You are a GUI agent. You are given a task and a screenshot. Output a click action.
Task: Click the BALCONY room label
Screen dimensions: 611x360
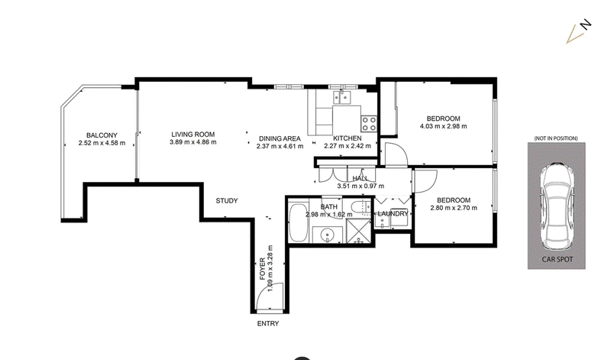point(102,135)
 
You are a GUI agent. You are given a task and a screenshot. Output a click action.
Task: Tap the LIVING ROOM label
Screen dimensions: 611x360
point(193,135)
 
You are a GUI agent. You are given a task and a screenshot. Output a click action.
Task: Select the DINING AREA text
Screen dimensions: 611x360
point(280,138)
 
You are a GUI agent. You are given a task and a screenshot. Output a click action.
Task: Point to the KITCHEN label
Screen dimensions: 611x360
point(348,138)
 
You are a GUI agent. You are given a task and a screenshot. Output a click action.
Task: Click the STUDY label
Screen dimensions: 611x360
point(227,200)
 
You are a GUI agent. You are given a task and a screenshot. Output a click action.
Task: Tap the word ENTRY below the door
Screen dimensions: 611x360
point(268,323)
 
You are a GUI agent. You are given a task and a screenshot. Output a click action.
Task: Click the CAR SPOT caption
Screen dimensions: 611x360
point(558,259)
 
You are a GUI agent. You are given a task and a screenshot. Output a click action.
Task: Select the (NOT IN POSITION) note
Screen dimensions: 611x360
point(556,138)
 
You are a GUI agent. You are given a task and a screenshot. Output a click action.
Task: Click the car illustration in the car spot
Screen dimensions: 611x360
point(557,206)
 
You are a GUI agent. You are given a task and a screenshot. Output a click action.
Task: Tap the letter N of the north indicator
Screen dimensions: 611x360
point(586,24)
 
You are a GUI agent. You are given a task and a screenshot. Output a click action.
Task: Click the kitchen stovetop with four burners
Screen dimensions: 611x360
point(369,124)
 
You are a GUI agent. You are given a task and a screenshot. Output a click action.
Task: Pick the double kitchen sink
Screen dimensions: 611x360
point(341,98)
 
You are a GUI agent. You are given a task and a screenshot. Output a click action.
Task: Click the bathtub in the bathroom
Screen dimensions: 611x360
point(299,222)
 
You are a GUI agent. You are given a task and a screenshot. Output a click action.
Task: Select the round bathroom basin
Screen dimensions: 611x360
point(328,235)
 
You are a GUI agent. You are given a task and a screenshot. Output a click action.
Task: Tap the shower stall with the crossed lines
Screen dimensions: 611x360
point(358,231)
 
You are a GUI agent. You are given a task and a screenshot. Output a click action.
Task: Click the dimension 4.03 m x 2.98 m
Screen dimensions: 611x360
point(444,126)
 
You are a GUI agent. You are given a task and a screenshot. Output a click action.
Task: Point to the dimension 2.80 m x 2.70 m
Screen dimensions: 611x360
point(454,208)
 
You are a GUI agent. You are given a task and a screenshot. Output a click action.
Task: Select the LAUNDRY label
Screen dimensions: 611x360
point(393,214)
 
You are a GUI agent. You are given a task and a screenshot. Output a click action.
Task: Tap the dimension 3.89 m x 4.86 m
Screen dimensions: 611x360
point(193,142)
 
